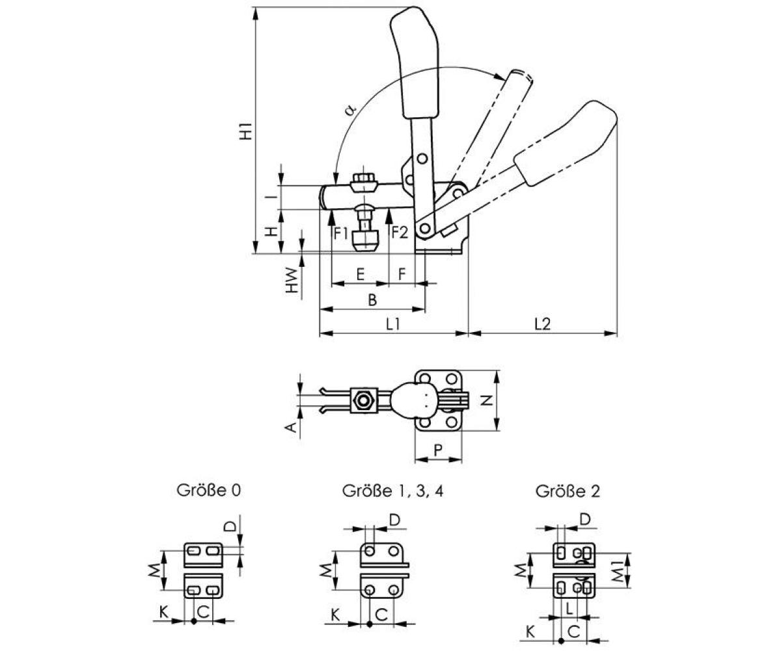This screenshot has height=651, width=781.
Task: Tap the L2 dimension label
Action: pyautogui.click(x=542, y=323)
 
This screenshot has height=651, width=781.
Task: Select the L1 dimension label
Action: pyautogui.click(x=392, y=323)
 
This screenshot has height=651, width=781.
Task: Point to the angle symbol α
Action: pyautogui.click(x=350, y=109)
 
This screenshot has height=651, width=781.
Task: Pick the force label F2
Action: pyautogui.click(x=399, y=232)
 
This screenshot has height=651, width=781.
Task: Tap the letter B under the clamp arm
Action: pyautogui.click(x=372, y=299)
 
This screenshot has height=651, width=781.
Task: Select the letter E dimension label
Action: pyautogui.click(x=360, y=274)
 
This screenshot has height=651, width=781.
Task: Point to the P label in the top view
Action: pyautogui.click(x=437, y=449)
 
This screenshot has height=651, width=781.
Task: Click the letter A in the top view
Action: pyautogui.click(x=292, y=426)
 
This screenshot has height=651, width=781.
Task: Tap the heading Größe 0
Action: pyautogui.click(x=209, y=490)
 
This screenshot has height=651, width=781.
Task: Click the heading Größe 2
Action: pyautogui.click(x=568, y=491)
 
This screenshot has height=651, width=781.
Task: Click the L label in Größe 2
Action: pyautogui.click(x=569, y=609)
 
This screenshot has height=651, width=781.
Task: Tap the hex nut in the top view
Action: pyautogui.click(x=363, y=398)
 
